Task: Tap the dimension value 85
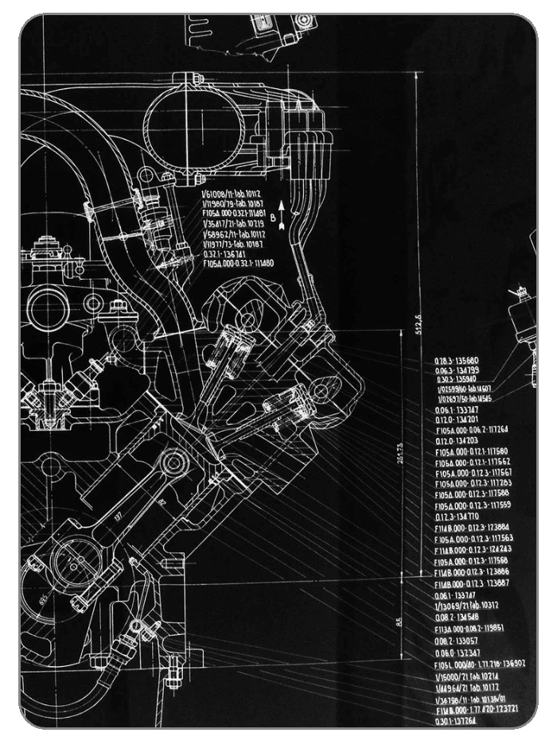(x=399, y=622)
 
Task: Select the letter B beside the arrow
(x=272, y=215)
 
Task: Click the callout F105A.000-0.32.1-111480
(x=238, y=263)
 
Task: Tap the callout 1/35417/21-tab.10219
(x=233, y=224)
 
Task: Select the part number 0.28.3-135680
(x=456, y=360)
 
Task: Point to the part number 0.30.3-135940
(x=457, y=379)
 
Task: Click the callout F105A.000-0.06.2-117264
(x=472, y=429)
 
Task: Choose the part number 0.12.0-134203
(x=457, y=440)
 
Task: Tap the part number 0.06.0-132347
(x=457, y=652)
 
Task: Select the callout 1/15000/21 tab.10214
(x=466, y=675)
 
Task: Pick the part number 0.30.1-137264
(x=456, y=720)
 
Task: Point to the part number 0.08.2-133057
(x=457, y=640)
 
